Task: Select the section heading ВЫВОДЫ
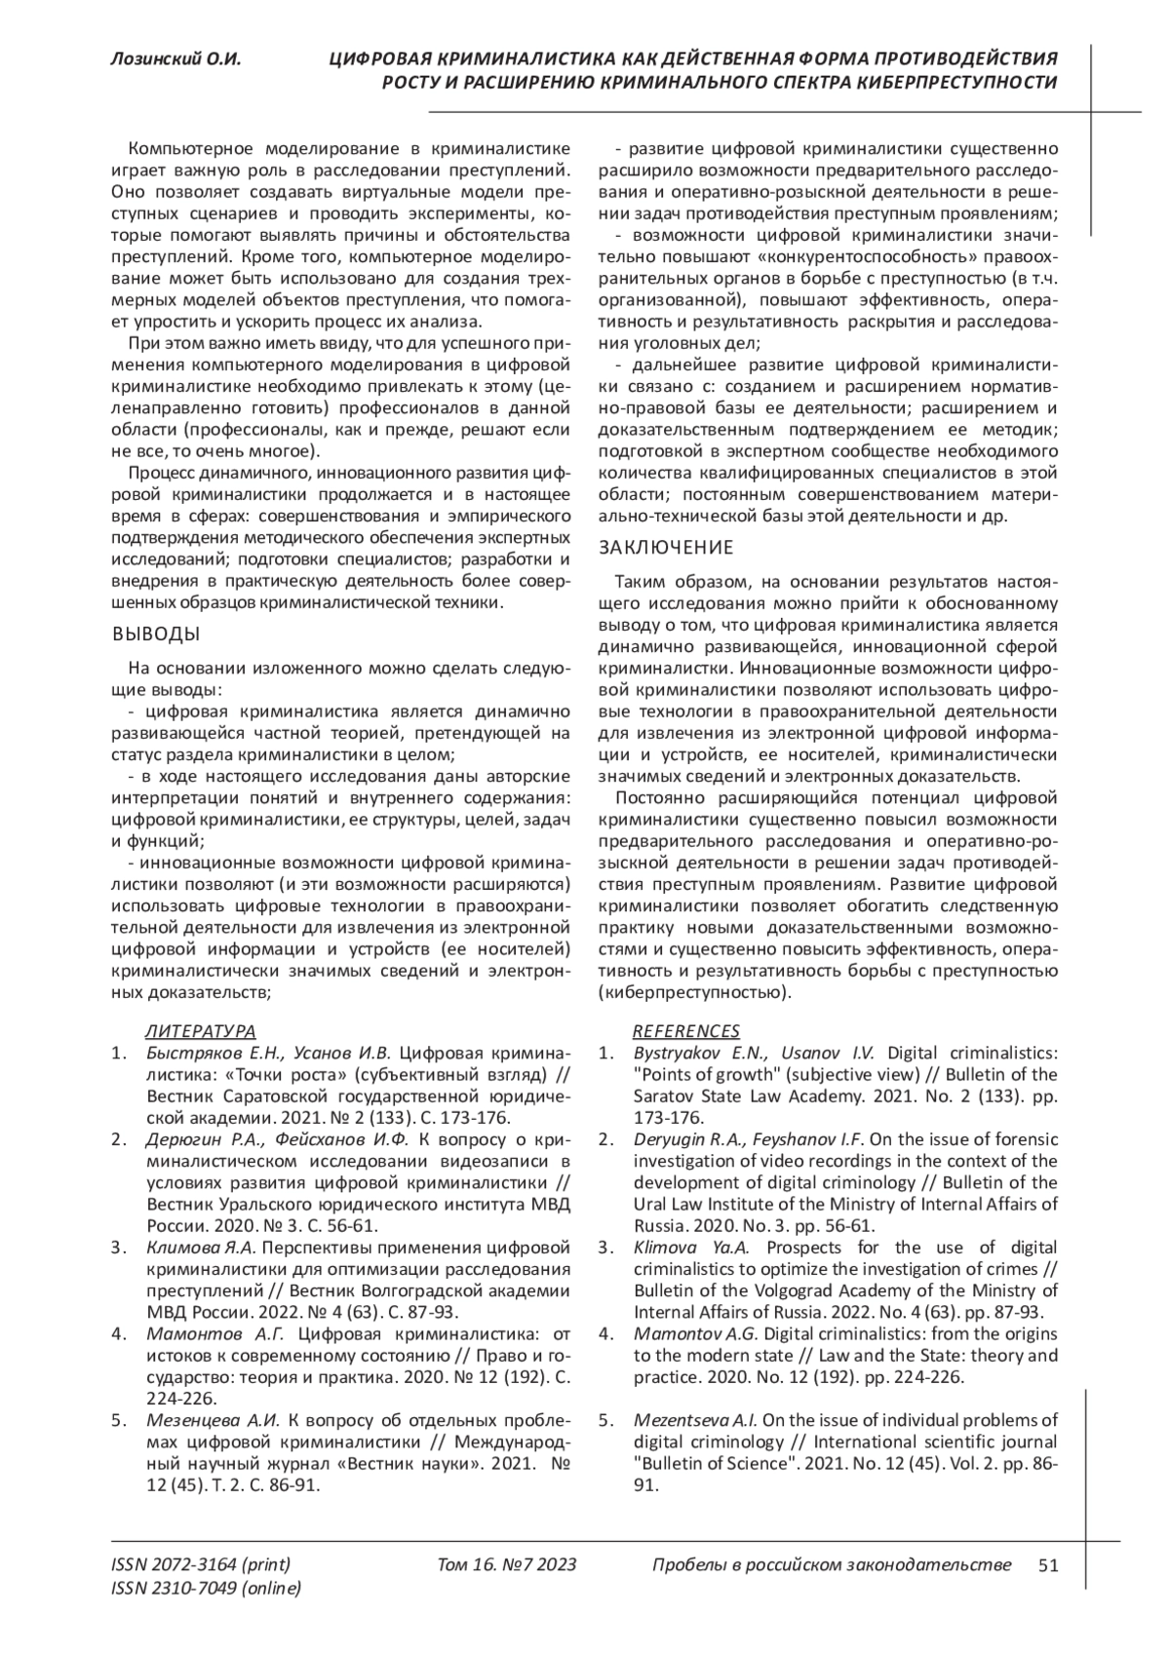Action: [156, 635]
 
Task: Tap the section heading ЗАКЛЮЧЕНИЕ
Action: [665, 548]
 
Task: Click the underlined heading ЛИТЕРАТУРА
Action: [201, 1031]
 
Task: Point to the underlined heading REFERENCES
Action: [686, 1031]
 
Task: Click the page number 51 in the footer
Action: [1048, 1565]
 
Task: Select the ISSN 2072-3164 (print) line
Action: [201, 1565]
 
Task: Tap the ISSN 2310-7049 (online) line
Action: [207, 1589]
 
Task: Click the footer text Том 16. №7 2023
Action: [507, 1565]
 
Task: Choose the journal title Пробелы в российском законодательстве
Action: [831, 1565]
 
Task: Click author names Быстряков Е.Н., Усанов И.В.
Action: [268, 1054]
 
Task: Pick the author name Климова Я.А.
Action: [200, 1248]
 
